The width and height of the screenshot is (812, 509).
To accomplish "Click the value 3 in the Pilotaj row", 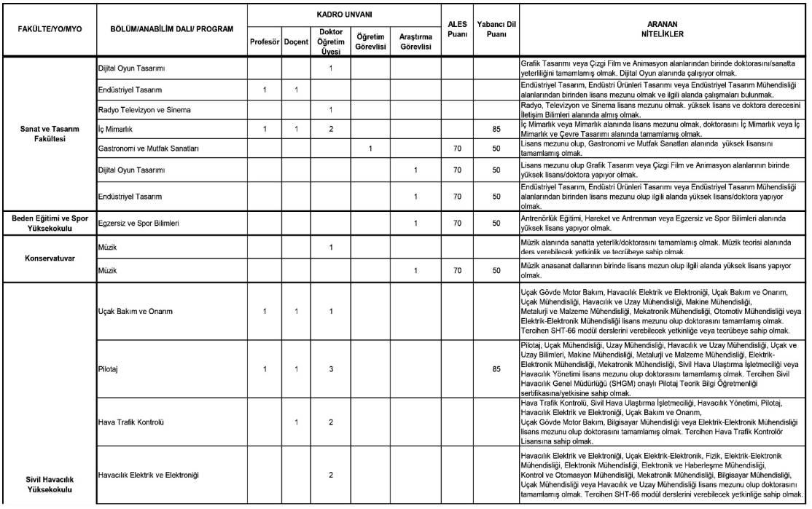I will click(x=331, y=369).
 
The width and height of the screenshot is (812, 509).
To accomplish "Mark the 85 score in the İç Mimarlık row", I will click(x=496, y=130).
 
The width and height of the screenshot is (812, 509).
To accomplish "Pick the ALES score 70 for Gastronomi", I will click(x=457, y=149).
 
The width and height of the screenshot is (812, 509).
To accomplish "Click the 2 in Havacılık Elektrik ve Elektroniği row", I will click(x=331, y=476).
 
